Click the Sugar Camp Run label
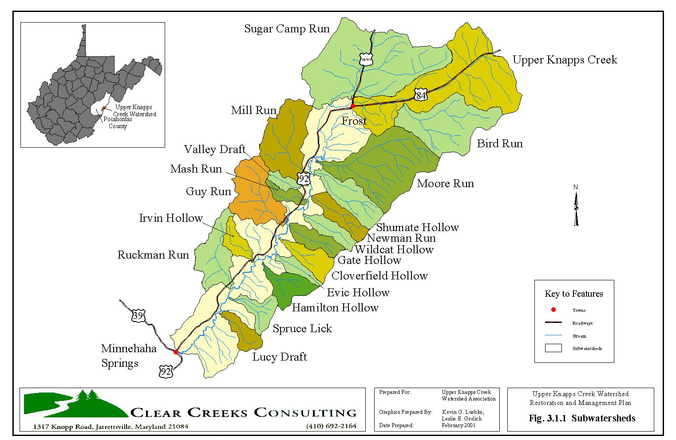click(x=287, y=29)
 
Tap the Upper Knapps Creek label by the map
click(x=565, y=60)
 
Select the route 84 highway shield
click(x=421, y=95)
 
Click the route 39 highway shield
click(x=138, y=316)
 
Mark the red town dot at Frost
click(x=353, y=106)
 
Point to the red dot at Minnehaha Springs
click(x=176, y=352)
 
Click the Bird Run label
click(x=500, y=144)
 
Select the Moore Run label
click(x=445, y=184)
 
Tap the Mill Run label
click(x=253, y=110)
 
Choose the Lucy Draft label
click(x=280, y=357)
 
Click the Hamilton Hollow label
click(x=335, y=308)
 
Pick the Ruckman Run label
click(x=153, y=255)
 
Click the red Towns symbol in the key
click(x=553, y=310)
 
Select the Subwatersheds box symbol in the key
click(x=553, y=348)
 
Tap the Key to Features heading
click(x=573, y=294)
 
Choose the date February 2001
click(x=459, y=425)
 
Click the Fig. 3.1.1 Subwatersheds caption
click(x=582, y=418)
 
